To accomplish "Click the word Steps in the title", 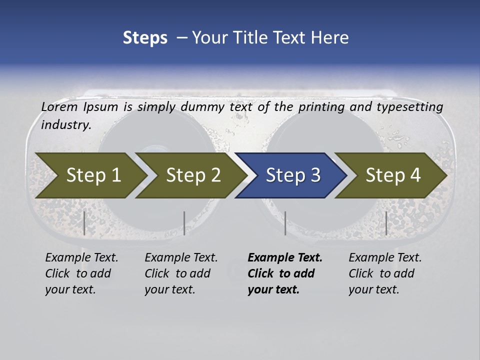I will [145, 38].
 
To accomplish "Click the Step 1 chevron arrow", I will [90, 175].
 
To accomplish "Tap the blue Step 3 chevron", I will [292, 175].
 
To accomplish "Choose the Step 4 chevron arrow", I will [392, 175].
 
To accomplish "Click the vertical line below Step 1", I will [84, 223].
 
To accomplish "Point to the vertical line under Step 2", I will [184, 223].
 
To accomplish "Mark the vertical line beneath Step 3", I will [285, 223].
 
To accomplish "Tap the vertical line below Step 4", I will [386, 223].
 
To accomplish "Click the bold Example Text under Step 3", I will [285, 258].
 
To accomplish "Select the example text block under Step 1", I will [81, 273].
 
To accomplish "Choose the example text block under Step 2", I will [181, 273].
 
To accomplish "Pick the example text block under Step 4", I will [385, 273].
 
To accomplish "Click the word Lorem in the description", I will [59, 107].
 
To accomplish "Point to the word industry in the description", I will [65, 125].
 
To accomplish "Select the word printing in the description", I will [321, 107].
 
